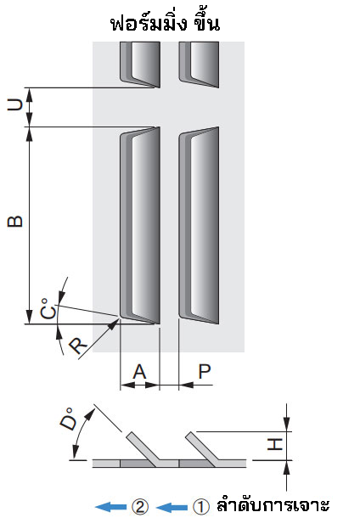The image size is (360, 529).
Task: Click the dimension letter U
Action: point(15,105)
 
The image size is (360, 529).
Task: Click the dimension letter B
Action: point(15,222)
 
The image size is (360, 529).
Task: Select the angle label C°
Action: point(48,308)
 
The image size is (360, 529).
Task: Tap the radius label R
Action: point(78,346)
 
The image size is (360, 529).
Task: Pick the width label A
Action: point(139,372)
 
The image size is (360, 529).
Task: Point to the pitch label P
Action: point(205,372)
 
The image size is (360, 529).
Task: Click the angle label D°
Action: point(68,419)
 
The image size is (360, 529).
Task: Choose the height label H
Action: point(275,444)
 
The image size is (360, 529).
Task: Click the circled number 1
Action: point(200,507)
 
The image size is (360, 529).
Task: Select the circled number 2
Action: point(140,507)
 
